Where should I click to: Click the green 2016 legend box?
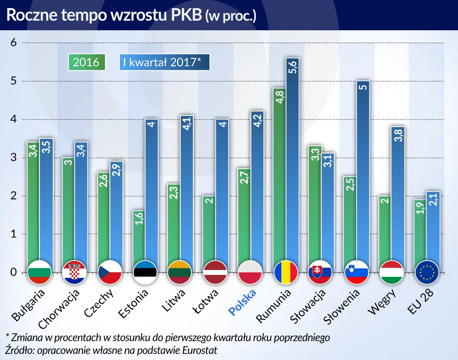point(86,62)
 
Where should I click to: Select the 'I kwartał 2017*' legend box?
point(164,62)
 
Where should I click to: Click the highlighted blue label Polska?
point(243,303)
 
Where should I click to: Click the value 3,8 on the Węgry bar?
point(397,135)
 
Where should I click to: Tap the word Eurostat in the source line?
point(200,350)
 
